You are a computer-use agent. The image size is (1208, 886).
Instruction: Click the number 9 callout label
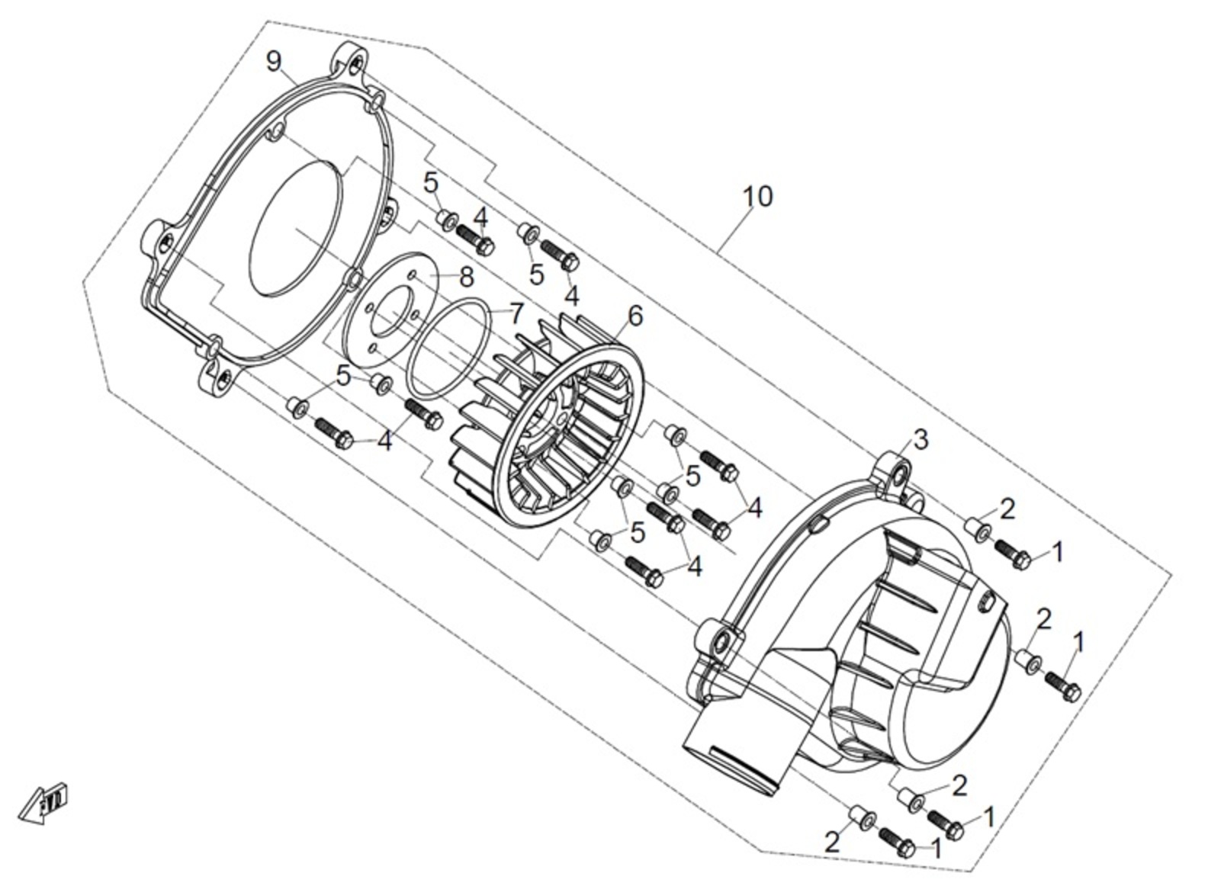coord(274,62)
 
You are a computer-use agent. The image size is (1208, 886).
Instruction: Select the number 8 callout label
coord(466,277)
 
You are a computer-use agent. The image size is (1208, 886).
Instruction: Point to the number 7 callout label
coord(516,313)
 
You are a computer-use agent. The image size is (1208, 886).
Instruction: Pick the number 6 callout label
coord(635,316)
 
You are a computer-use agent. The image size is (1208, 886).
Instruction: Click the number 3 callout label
coord(921,439)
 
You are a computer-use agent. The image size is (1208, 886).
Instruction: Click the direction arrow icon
coord(43,802)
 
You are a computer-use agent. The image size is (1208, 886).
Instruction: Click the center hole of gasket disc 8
coord(390,316)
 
